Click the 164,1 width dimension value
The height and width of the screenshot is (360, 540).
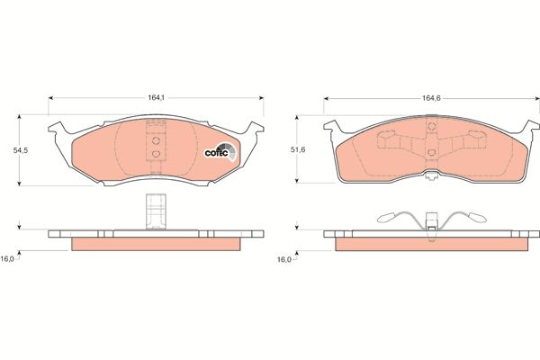156,88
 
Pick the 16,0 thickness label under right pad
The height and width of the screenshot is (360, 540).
284,259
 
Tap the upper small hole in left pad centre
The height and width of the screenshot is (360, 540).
156,139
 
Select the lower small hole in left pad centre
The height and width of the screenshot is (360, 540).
156,154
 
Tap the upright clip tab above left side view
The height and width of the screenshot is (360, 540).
155,210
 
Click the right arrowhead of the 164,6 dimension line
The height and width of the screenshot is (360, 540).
535,97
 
